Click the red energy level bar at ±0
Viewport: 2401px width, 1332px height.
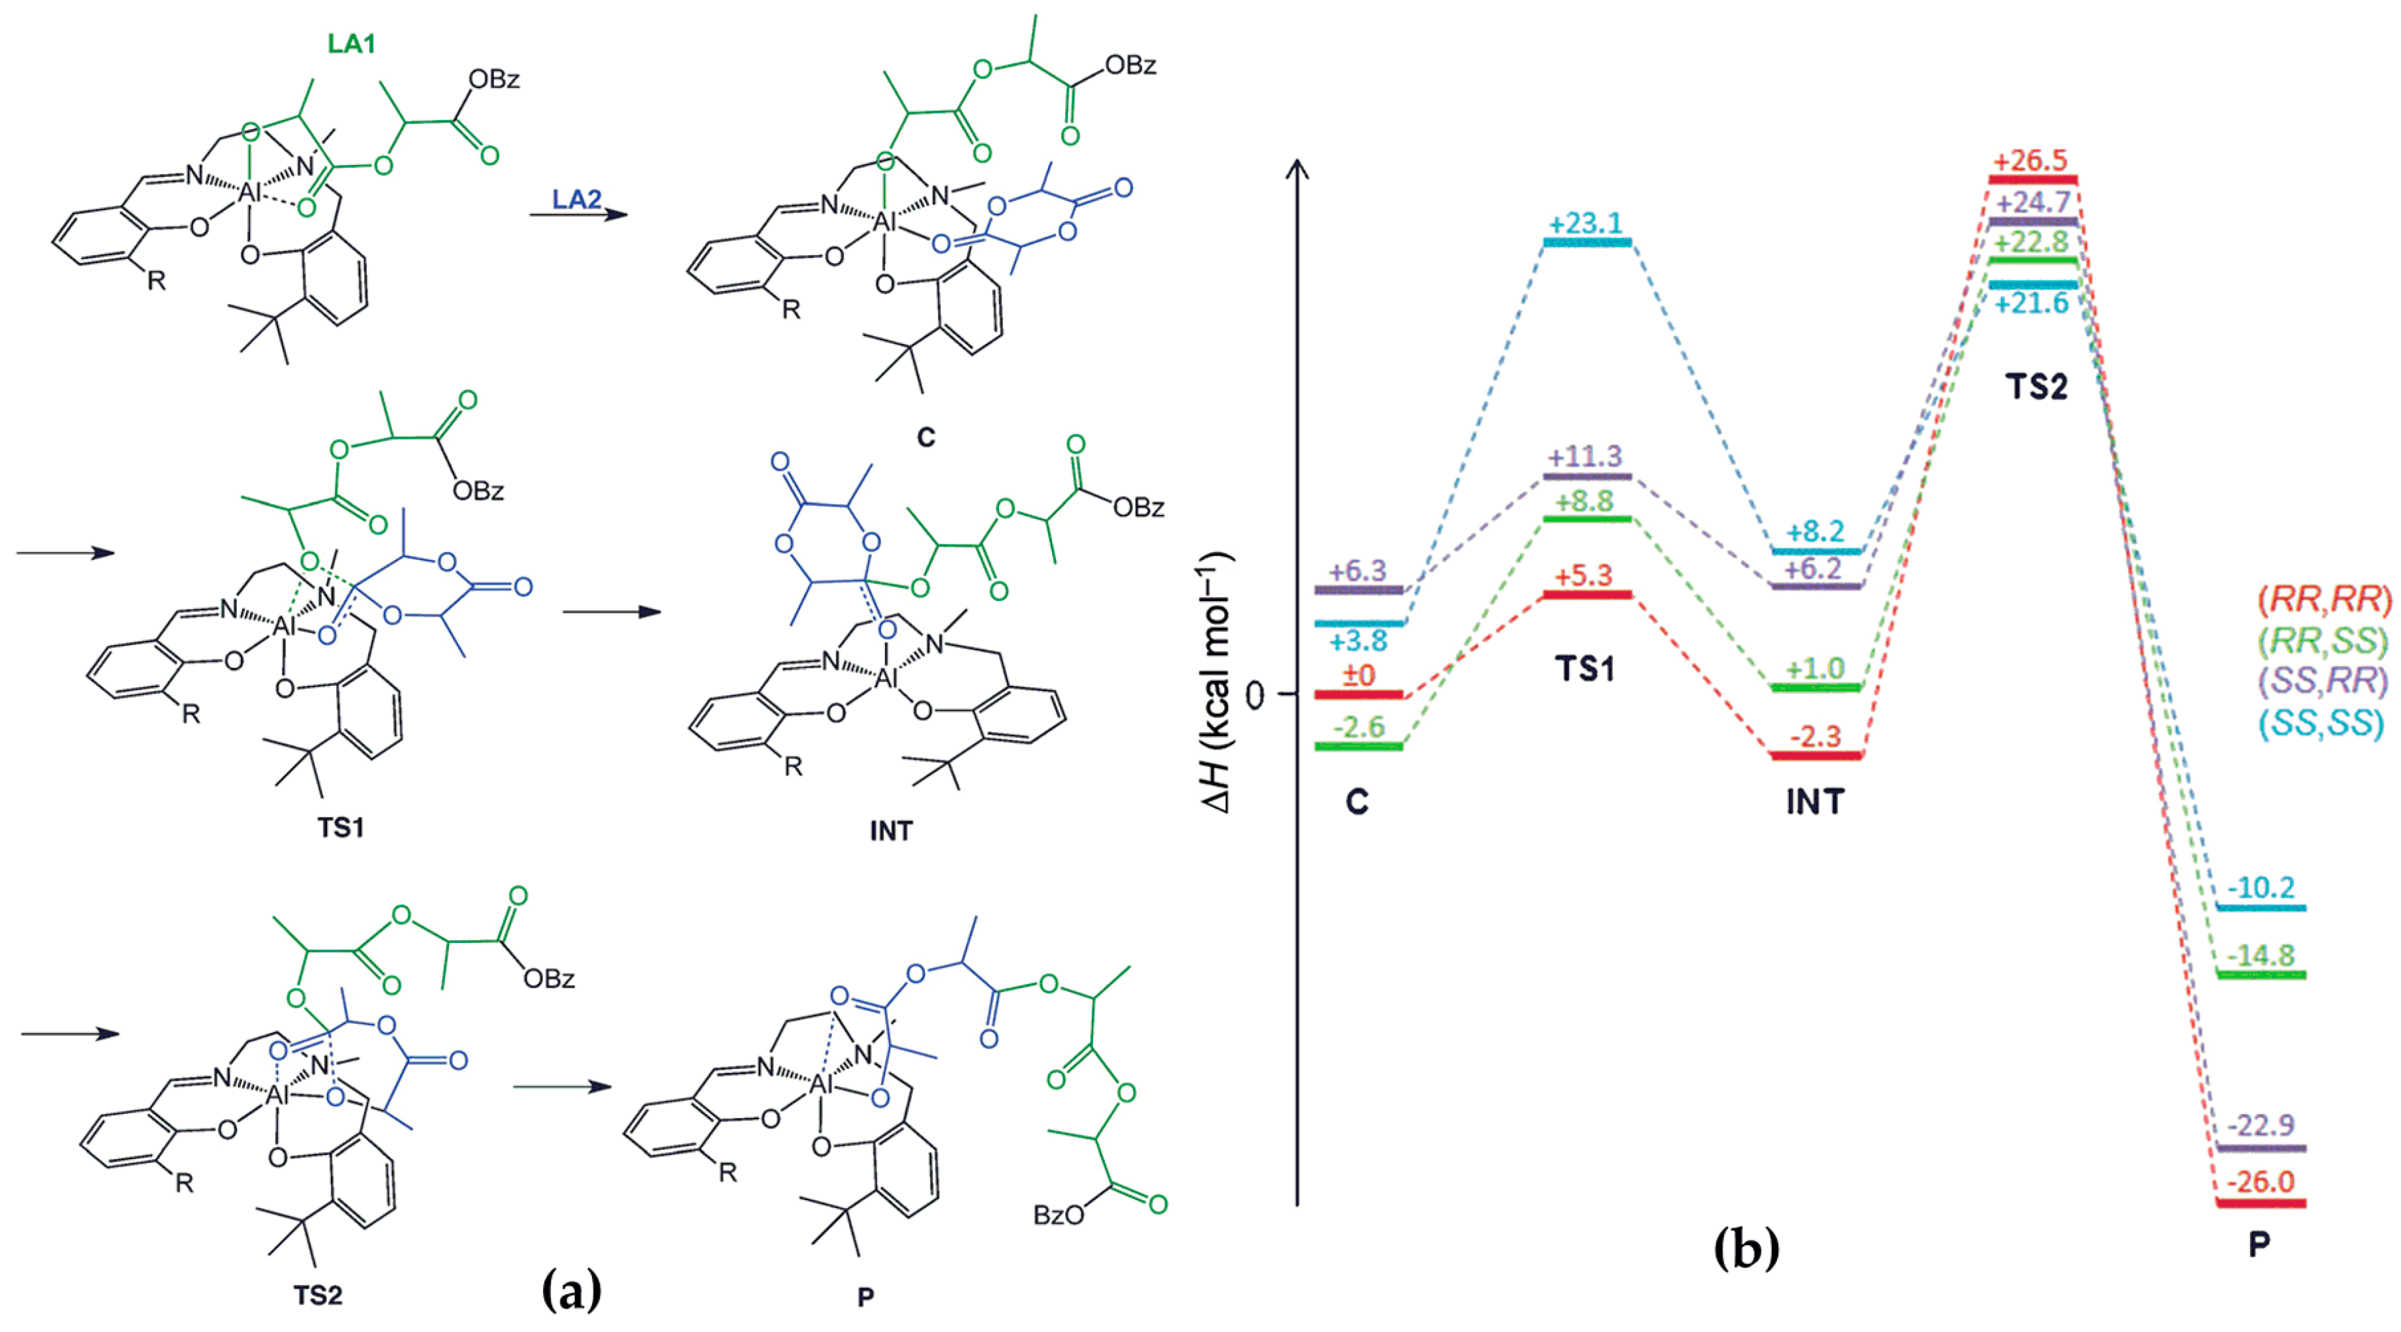click(1358, 694)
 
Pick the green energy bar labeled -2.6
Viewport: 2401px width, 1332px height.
click(1358, 746)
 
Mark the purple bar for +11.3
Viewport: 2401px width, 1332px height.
click(1587, 476)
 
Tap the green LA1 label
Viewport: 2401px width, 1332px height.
click(351, 43)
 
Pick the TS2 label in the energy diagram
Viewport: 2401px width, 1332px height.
click(2036, 386)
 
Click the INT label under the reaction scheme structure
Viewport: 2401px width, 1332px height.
click(891, 829)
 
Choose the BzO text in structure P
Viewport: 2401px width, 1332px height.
click(1059, 1215)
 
